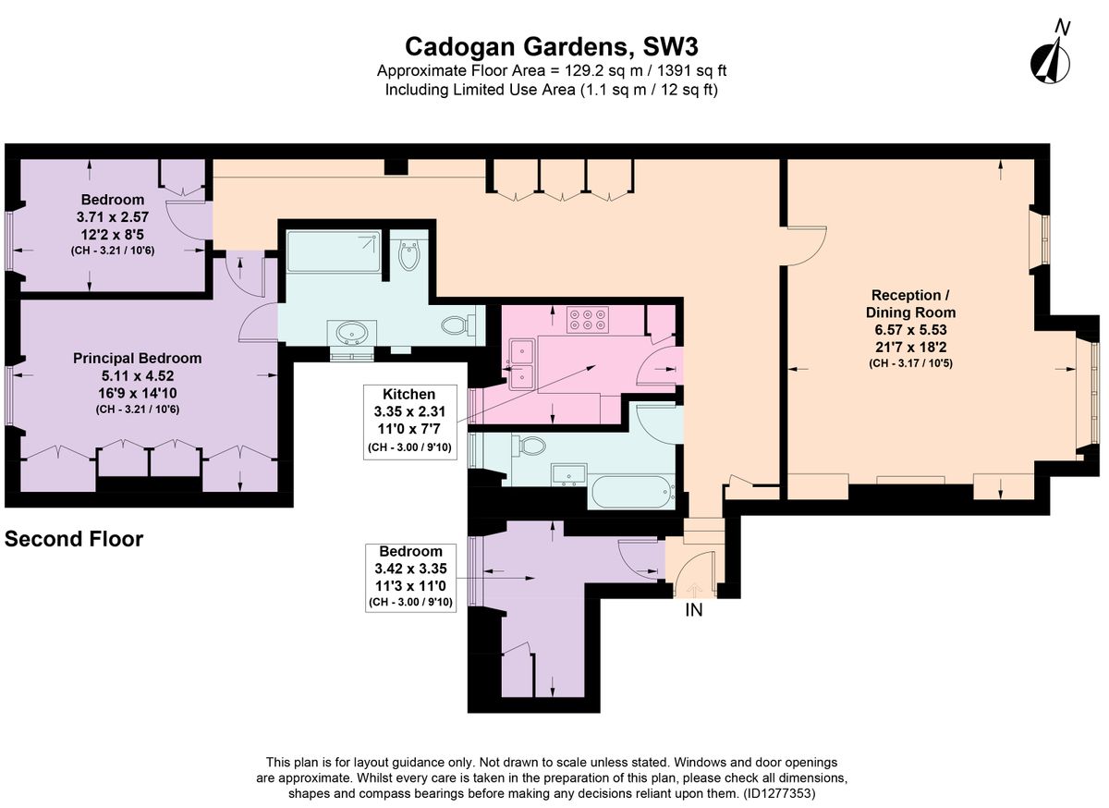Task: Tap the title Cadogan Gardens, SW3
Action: tap(552, 47)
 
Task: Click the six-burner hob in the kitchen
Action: tap(588, 319)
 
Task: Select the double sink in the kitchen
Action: tap(522, 364)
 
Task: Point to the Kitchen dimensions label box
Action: tap(410, 422)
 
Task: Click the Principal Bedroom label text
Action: tap(137, 358)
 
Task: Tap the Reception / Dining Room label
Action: tap(910, 303)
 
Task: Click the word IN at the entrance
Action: tap(694, 610)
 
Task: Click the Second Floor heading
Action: tap(74, 539)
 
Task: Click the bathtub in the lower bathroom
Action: tap(631, 492)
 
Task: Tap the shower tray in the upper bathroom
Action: tap(334, 251)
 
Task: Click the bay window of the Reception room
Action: tap(1091, 393)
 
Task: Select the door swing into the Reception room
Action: tap(807, 246)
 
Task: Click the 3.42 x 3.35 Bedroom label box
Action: tap(410, 578)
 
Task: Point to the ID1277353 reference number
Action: tap(779, 793)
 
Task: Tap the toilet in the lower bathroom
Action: tap(529, 446)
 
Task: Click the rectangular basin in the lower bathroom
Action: tap(569, 474)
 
